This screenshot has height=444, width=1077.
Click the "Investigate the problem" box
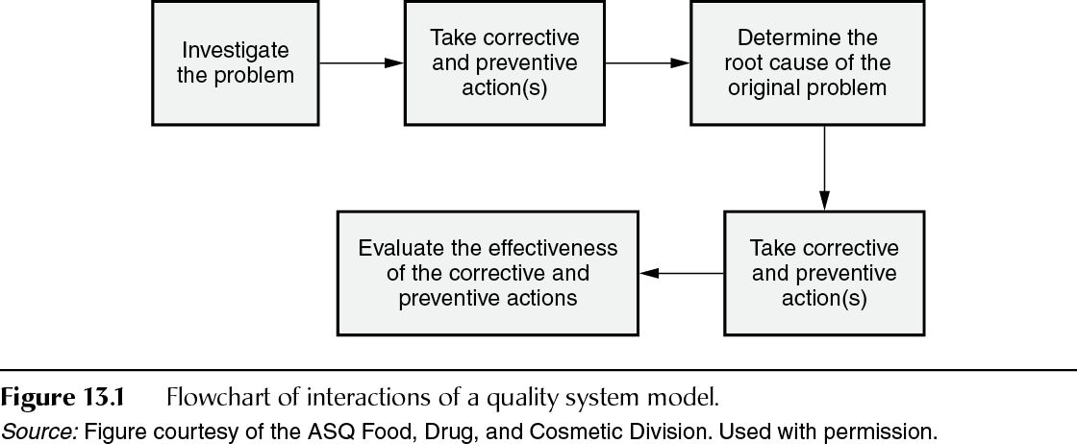tap(236, 62)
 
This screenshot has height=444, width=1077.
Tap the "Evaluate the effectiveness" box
tap(488, 273)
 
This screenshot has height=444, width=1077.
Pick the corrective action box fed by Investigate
tap(505, 63)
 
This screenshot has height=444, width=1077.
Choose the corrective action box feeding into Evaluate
tap(823, 273)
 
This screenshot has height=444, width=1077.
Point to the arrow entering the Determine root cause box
tap(647, 63)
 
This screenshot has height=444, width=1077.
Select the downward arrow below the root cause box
tap(824, 168)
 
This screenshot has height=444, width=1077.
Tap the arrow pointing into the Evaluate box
tap(682, 274)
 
